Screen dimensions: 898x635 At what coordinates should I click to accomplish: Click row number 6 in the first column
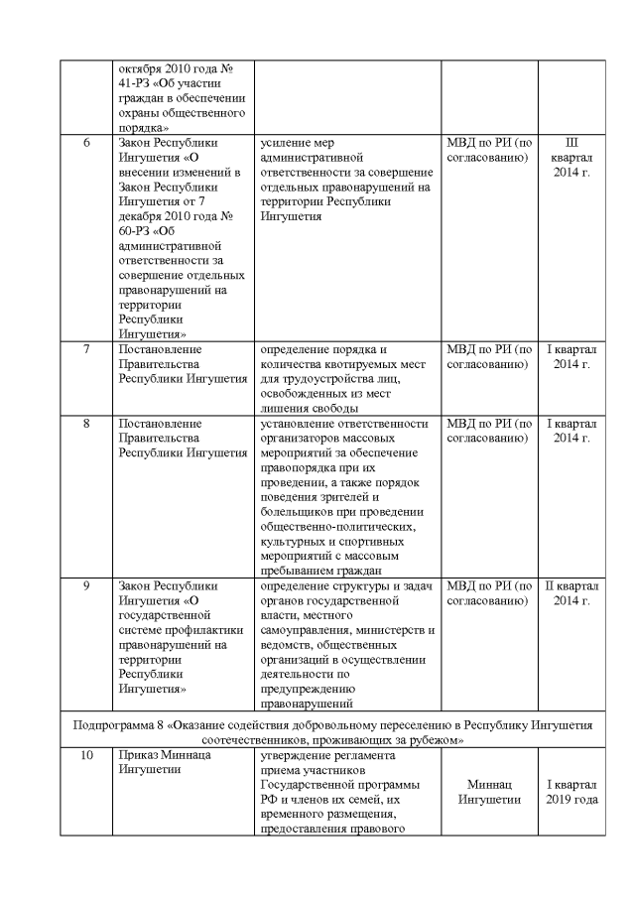pos(86,142)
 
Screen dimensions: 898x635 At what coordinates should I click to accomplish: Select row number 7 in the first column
pos(86,349)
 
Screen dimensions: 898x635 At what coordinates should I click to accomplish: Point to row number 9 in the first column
pos(86,586)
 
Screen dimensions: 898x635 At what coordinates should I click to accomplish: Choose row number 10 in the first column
pos(86,756)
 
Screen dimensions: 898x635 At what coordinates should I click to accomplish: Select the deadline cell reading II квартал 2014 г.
pos(571,593)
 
